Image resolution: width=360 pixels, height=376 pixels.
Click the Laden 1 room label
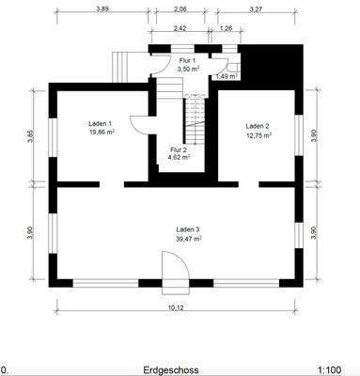pyautogui.click(x=101, y=123)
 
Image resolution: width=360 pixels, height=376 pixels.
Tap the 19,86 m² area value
pyautogui.click(x=102, y=133)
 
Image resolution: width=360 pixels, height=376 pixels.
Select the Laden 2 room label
pyautogui.click(x=258, y=126)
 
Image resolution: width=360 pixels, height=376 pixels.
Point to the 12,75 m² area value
pyautogui.click(x=258, y=135)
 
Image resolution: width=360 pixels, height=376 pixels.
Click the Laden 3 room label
pyautogui.click(x=188, y=229)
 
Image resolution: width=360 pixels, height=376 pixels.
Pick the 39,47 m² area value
pyautogui.click(x=189, y=239)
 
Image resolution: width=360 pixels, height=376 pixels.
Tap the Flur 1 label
pyautogui.click(x=187, y=60)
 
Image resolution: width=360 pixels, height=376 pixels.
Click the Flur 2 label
pyautogui.click(x=179, y=149)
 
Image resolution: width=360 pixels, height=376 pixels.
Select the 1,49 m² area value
pyautogui.click(x=227, y=76)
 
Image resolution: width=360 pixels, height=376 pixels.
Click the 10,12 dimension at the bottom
pyautogui.click(x=176, y=307)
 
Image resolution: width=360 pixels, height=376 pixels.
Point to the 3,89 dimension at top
pyautogui.click(x=102, y=9)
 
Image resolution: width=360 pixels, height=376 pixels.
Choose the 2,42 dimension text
pyautogui.click(x=180, y=28)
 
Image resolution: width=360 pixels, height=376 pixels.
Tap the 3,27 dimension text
pyautogui.click(x=256, y=9)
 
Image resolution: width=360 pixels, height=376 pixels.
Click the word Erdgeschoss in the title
pyautogui.click(x=171, y=369)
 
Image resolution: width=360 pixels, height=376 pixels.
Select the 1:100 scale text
pyautogui.click(x=329, y=369)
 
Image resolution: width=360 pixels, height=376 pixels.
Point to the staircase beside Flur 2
pyautogui.click(x=195, y=119)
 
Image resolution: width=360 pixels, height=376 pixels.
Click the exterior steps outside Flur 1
pyautogui.click(x=121, y=67)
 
